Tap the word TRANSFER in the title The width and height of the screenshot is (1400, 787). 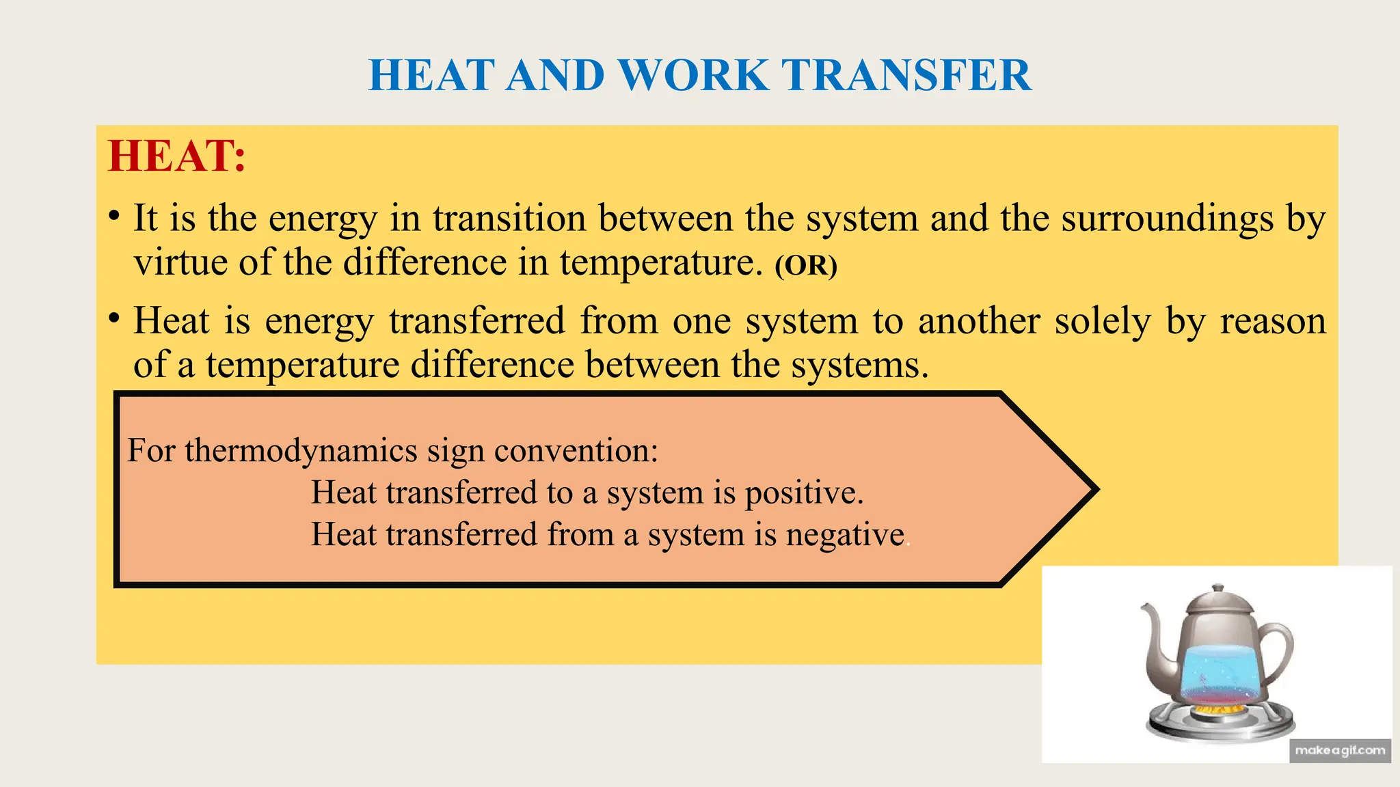[x=906, y=75]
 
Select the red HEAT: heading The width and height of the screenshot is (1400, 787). [x=176, y=156]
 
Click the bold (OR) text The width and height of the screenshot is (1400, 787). [x=806, y=265]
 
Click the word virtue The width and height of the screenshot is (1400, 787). [x=180, y=262]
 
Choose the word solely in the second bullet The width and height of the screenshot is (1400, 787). [x=1103, y=321]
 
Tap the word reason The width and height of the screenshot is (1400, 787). [x=1273, y=321]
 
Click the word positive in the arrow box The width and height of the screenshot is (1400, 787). [x=804, y=493]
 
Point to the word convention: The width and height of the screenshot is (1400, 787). [x=576, y=451]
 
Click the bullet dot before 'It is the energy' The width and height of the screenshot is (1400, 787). [x=115, y=217]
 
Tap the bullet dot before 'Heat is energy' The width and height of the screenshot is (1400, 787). [x=115, y=319]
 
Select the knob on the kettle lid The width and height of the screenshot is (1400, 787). [x=1217, y=590]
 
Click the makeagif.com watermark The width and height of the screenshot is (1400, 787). [x=1340, y=751]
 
